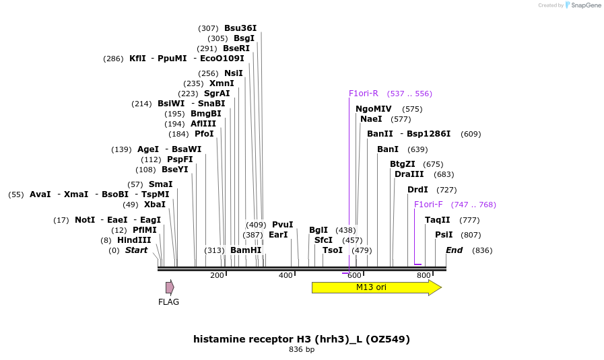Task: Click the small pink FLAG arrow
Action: point(170,287)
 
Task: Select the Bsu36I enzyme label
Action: point(240,28)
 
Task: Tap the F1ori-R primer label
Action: point(364,94)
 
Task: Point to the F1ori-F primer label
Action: point(428,205)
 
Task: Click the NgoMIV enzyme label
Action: point(374,109)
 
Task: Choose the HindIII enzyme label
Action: point(135,240)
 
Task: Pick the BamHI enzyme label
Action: point(246,250)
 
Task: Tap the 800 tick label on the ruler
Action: point(424,275)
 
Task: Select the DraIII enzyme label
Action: point(409,174)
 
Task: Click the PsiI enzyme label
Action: point(444,235)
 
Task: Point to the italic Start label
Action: point(136,250)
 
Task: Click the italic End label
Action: point(454,250)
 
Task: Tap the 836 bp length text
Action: point(302,350)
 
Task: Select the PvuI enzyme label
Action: point(282,225)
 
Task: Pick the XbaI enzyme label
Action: point(154,205)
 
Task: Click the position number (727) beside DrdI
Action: point(446,190)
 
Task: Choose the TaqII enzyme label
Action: point(438,220)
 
